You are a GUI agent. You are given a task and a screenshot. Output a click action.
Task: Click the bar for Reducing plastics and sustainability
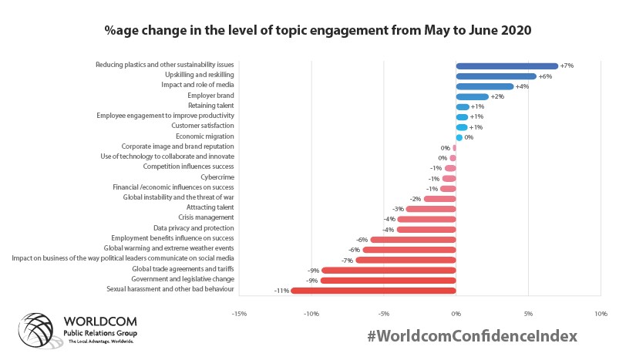(506, 66)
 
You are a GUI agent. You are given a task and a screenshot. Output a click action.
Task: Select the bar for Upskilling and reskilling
(496, 76)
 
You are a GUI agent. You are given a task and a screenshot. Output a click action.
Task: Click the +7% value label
(567, 66)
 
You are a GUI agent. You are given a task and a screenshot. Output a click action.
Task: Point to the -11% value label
(281, 291)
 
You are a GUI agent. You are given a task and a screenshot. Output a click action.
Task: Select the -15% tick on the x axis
(239, 314)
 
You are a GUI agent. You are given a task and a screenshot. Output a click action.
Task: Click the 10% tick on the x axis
(601, 314)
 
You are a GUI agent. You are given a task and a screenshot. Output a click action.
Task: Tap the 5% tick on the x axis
(528, 314)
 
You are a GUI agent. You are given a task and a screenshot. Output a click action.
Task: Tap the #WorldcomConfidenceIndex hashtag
(472, 337)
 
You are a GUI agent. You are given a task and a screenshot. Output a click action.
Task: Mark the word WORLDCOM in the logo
(99, 320)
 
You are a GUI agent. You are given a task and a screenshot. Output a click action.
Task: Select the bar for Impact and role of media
(484, 86)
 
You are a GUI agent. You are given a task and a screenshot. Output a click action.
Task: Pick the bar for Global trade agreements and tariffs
(389, 270)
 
